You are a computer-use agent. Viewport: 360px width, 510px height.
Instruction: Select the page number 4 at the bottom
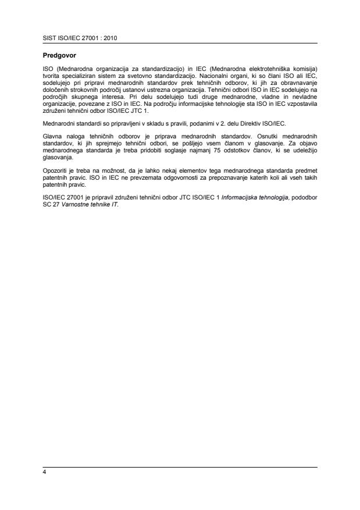click(44, 472)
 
